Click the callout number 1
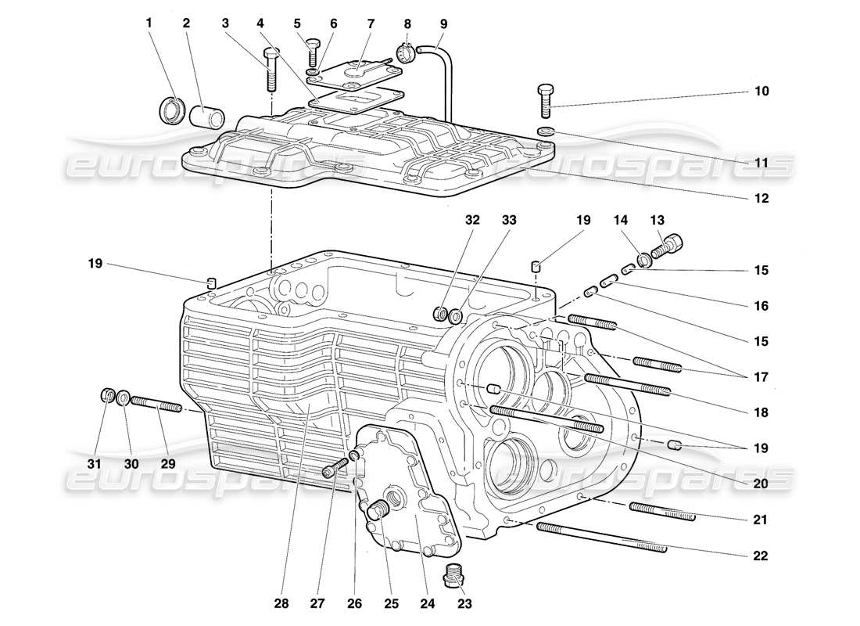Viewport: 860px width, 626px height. pyautogui.click(x=149, y=23)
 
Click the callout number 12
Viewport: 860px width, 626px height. pyautogui.click(x=761, y=199)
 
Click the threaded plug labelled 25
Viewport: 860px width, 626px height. pyautogui.click(x=379, y=511)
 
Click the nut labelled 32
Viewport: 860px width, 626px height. pyautogui.click(x=441, y=315)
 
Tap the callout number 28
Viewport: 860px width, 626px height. pyautogui.click(x=281, y=603)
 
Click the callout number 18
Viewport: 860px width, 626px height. pyautogui.click(x=761, y=412)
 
